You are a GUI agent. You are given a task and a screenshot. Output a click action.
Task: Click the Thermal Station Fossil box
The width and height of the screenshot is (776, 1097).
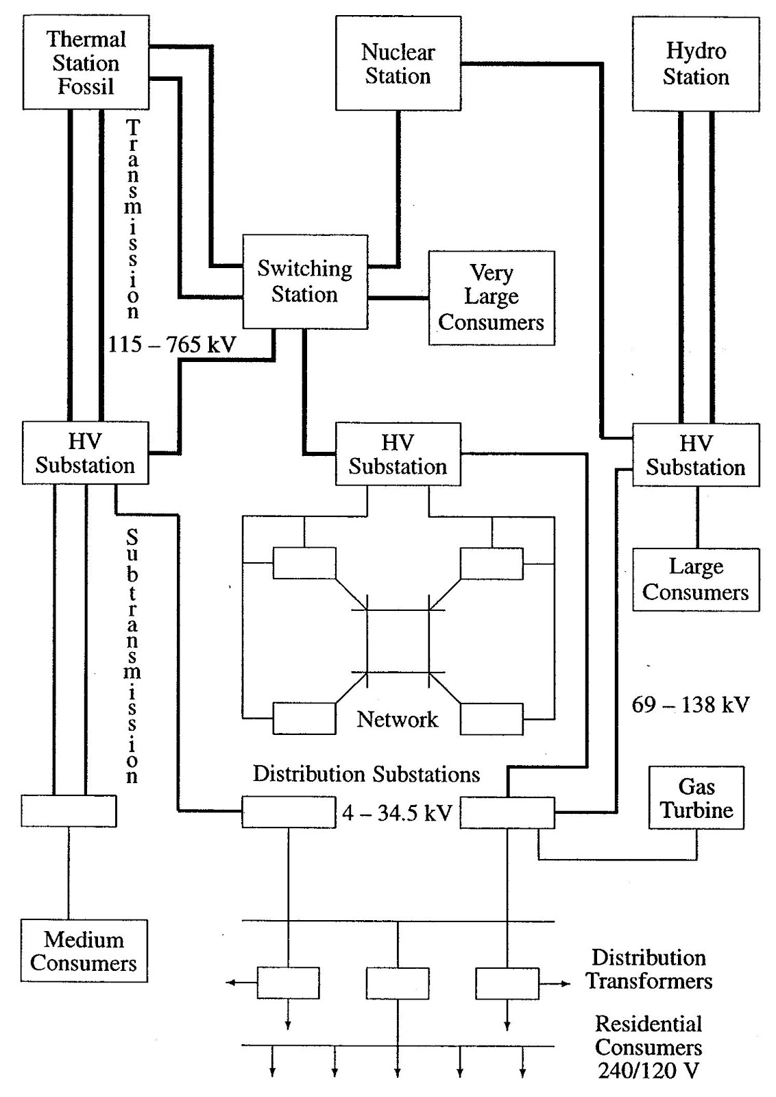[86, 63]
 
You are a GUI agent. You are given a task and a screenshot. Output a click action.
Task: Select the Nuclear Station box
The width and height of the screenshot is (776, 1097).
[398, 64]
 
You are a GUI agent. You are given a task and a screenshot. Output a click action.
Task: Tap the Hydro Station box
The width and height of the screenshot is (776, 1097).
[695, 64]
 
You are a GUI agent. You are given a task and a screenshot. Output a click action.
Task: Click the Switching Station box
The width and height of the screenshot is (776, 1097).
[305, 282]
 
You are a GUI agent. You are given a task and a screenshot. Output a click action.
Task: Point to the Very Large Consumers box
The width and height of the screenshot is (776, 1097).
[491, 298]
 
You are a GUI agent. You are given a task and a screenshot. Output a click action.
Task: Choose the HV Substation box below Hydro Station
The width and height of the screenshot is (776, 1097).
[695, 455]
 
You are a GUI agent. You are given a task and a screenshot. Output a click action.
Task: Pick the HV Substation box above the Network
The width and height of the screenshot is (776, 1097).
[398, 455]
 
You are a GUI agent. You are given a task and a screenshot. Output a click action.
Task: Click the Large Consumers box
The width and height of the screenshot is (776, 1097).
[695, 579]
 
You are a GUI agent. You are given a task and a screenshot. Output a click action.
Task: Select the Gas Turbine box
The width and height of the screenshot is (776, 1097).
[696, 798]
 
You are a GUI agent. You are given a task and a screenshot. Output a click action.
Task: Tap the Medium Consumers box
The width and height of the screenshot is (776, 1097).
[84, 951]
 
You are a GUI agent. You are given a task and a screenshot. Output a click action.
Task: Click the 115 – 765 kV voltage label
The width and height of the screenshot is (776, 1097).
[171, 344]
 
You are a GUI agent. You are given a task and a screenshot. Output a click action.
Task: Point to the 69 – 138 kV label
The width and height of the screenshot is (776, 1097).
[690, 704]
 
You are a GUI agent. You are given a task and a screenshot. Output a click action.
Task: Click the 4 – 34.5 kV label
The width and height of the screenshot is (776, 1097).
[397, 813]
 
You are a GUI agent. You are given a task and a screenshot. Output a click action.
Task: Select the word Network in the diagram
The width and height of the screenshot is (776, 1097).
[398, 719]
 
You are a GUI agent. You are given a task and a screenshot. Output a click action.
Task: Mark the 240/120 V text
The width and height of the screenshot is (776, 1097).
[648, 1070]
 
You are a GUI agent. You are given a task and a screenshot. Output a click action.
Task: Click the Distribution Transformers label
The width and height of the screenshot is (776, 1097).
[648, 969]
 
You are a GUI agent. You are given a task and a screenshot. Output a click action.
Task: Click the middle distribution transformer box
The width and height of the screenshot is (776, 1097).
[398, 983]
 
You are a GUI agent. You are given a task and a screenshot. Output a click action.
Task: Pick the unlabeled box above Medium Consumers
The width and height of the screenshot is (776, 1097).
[69, 811]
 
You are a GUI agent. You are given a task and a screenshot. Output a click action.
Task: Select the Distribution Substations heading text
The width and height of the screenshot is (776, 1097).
[366, 774]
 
